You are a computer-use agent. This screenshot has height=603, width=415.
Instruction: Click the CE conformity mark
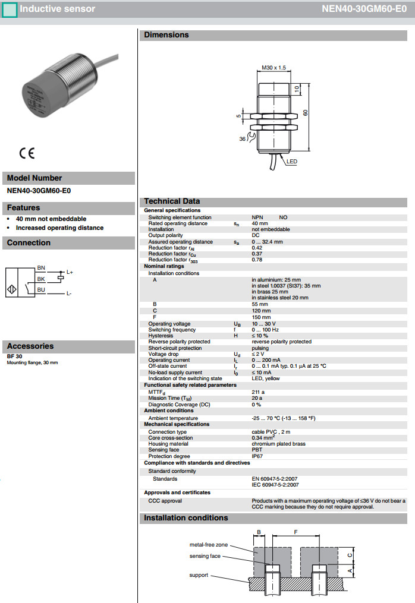point(27,153)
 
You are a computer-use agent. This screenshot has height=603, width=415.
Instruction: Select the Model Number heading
point(34,178)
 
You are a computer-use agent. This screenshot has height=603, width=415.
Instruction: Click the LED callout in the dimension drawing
point(292,161)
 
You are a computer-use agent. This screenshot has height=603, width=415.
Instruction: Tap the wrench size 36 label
point(242,139)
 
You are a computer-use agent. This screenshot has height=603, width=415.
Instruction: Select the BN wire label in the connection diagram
point(41,268)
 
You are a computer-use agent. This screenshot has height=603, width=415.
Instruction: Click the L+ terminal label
point(70,272)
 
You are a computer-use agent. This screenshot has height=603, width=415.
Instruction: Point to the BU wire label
point(41,289)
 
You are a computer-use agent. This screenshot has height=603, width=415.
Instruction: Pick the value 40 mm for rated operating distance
point(260,223)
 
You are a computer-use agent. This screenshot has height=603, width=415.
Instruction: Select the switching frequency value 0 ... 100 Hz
point(266,330)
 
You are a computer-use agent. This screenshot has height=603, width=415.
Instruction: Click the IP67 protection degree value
point(257,456)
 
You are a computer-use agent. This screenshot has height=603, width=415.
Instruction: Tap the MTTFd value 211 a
point(258,392)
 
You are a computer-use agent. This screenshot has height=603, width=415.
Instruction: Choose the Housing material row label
point(168,444)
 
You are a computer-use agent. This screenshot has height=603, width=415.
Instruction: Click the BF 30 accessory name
point(14,356)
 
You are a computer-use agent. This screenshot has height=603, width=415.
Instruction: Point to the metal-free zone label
point(208,544)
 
